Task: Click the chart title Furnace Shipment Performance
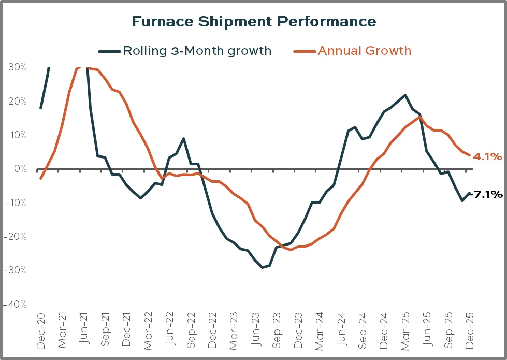click(253, 21)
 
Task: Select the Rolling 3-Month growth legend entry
click(196, 51)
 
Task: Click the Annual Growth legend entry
click(364, 51)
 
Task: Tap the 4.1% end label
click(487, 155)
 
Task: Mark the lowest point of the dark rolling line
click(263, 267)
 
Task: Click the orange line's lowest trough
click(291, 250)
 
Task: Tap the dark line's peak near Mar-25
click(405, 95)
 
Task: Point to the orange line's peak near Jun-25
click(419, 117)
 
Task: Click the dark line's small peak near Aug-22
click(184, 139)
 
